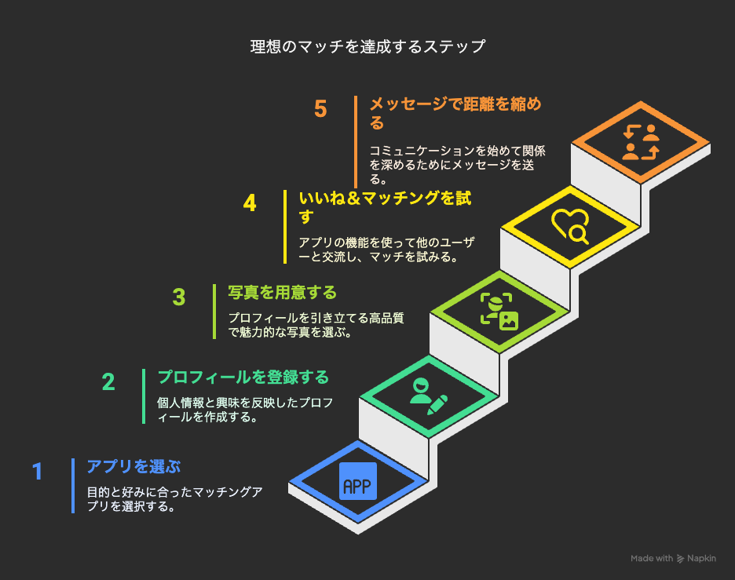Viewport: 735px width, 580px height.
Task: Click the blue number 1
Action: (x=38, y=472)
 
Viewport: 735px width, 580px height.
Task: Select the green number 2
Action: (x=108, y=381)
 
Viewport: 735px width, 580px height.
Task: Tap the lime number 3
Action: (x=179, y=297)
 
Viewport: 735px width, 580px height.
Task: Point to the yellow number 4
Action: (x=250, y=203)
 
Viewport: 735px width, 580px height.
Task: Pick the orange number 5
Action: (x=320, y=109)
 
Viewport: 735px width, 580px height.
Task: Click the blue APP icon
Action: (x=357, y=481)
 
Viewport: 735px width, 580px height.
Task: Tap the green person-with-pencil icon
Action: (x=429, y=396)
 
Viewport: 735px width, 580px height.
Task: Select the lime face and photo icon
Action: (x=499, y=312)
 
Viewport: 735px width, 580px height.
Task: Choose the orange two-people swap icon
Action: (x=641, y=142)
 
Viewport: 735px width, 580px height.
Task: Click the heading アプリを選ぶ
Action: (x=133, y=467)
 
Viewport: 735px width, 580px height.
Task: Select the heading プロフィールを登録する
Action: (x=243, y=378)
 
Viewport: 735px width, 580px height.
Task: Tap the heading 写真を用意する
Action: (x=282, y=292)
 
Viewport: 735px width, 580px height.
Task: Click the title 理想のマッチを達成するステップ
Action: (x=368, y=46)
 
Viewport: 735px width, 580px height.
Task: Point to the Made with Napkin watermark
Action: (x=673, y=558)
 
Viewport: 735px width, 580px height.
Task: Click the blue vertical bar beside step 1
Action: (x=73, y=486)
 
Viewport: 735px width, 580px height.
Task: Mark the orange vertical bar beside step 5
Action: (x=356, y=142)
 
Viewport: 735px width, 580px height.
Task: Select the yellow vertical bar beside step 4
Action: (x=285, y=227)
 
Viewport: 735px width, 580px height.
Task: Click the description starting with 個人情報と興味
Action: (x=245, y=410)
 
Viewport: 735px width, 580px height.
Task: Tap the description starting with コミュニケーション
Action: (x=457, y=165)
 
